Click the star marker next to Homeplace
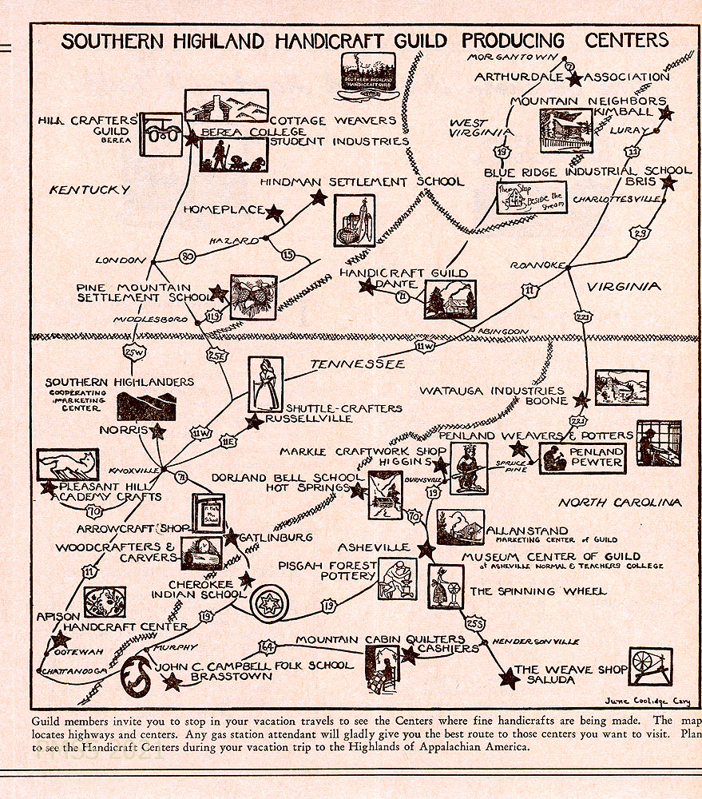tap(274, 213)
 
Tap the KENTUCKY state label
tap(89, 190)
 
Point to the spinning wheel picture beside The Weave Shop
tap(650, 666)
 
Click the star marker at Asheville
tap(426, 550)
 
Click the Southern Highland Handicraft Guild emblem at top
tap(367, 77)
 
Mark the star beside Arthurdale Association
tap(574, 78)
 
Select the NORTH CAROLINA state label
tap(620, 503)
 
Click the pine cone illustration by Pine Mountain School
tap(253, 297)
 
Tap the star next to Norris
tap(158, 431)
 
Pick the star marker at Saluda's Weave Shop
tap(508, 679)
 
